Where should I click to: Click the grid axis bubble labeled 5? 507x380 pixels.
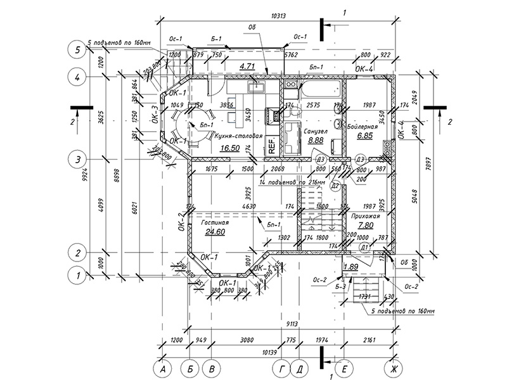tap(77, 49)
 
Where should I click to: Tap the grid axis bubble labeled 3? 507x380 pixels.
tap(77, 159)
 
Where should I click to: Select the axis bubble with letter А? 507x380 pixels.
tap(163, 368)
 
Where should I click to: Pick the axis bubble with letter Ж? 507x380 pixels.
tap(394, 368)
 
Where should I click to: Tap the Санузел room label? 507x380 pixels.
tap(315, 131)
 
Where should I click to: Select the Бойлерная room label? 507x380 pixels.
tap(363, 127)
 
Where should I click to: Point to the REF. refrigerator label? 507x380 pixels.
tap(271, 146)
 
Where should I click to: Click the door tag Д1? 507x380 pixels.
tap(364, 247)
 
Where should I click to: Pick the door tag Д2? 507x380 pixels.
tap(336, 185)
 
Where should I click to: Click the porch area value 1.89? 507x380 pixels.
tap(350, 267)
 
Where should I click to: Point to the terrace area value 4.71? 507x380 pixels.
tap(247, 65)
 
